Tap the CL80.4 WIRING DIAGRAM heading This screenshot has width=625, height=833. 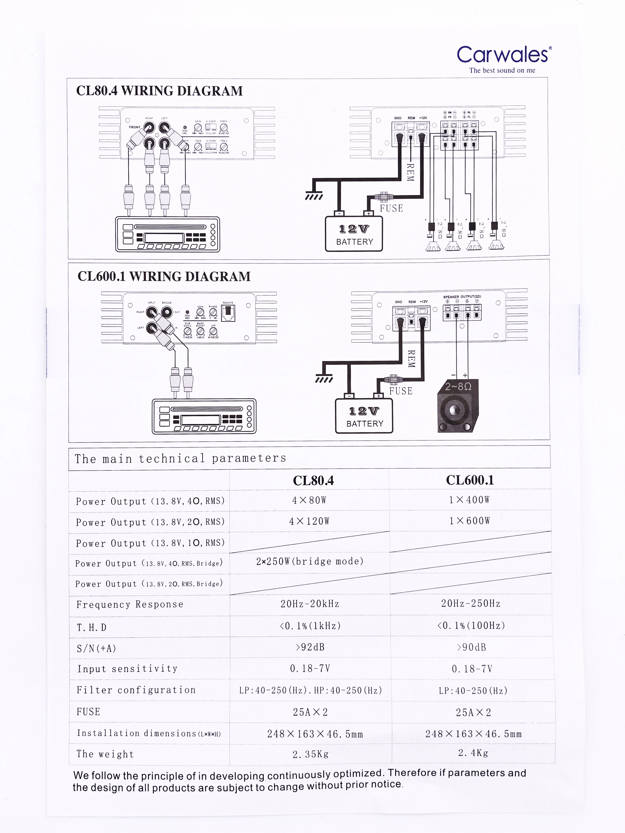(x=159, y=91)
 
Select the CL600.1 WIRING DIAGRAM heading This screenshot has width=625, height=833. (x=164, y=276)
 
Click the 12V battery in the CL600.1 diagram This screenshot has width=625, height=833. (x=364, y=416)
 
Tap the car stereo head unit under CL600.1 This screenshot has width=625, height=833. (x=204, y=416)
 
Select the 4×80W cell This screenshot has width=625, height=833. (x=309, y=500)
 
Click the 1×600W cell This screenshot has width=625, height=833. (x=469, y=521)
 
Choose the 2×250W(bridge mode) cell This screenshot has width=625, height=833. (x=310, y=562)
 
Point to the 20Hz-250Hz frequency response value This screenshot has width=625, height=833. (x=471, y=604)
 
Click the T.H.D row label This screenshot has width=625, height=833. (x=92, y=627)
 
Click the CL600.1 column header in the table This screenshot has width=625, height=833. (x=470, y=480)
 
